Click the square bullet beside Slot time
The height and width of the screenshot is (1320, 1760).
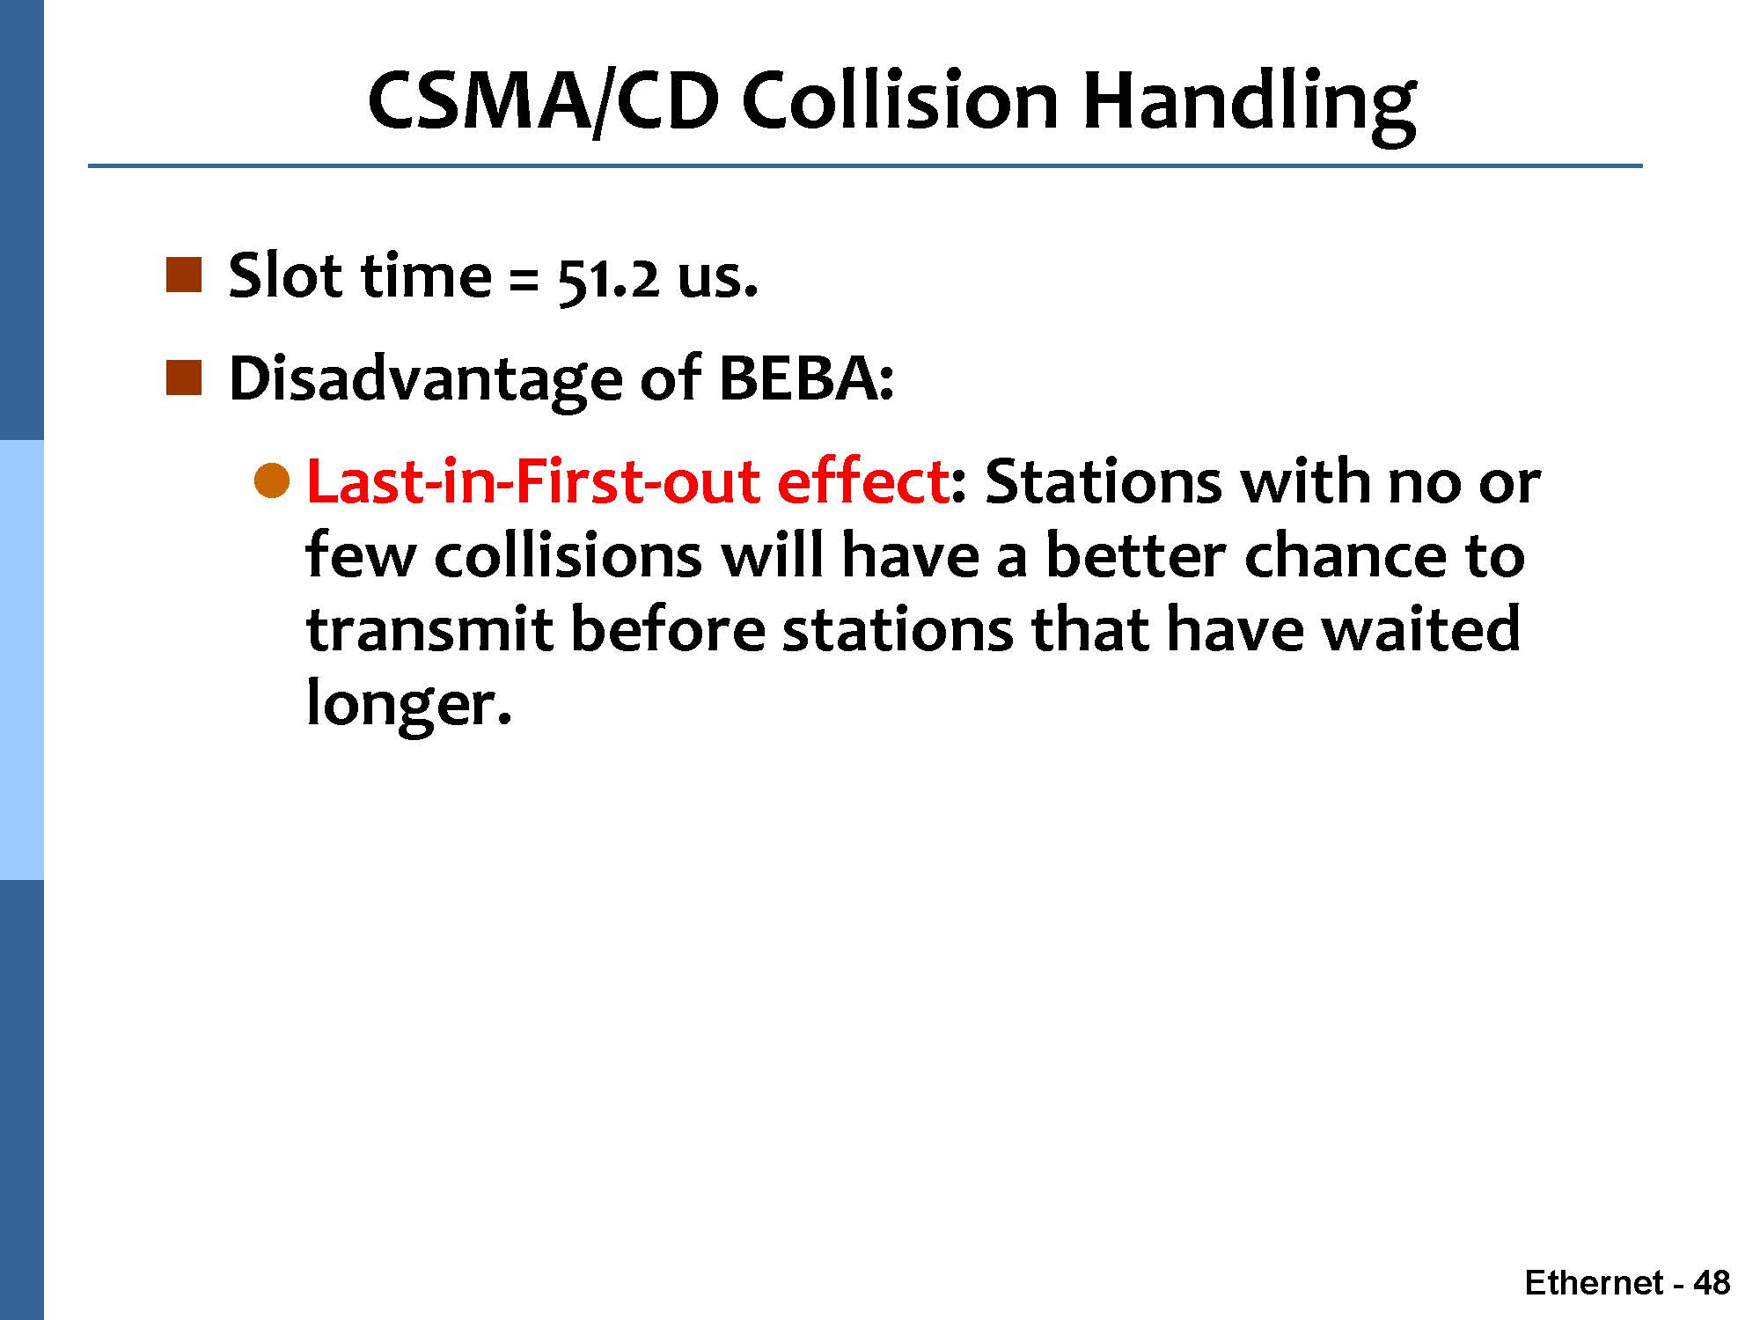184,275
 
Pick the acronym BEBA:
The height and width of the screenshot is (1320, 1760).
806,378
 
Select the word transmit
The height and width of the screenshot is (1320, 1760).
429,630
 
